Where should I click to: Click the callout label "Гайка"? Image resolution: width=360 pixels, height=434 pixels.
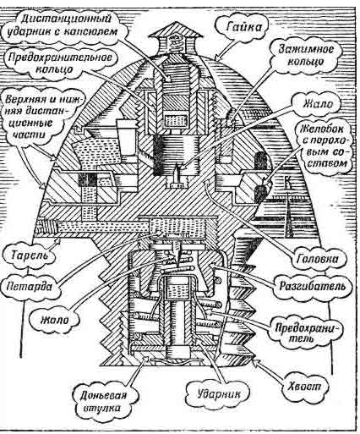(x=243, y=27)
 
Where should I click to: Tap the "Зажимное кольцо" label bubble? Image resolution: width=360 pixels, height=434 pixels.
(x=305, y=55)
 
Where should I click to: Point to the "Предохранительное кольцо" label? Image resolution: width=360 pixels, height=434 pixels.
(x=60, y=63)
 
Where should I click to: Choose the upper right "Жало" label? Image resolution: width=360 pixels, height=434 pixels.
(x=318, y=104)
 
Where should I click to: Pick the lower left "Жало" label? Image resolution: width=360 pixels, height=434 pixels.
(x=55, y=321)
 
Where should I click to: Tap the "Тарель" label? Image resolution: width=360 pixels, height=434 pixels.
(x=30, y=255)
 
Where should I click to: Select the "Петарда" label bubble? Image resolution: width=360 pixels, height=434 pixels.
(x=30, y=287)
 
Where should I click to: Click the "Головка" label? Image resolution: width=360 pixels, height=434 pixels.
(x=318, y=259)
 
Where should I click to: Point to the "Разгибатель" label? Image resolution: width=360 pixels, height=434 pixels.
(x=312, y=287)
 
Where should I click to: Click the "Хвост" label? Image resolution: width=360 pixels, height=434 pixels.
(x=305, y=387)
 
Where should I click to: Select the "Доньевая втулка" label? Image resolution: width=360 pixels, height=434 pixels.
(x=104, y=401)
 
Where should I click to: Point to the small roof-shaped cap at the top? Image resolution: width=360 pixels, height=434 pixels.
(x=176, y=34)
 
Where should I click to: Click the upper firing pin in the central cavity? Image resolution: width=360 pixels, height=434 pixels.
(x=176, y=174)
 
